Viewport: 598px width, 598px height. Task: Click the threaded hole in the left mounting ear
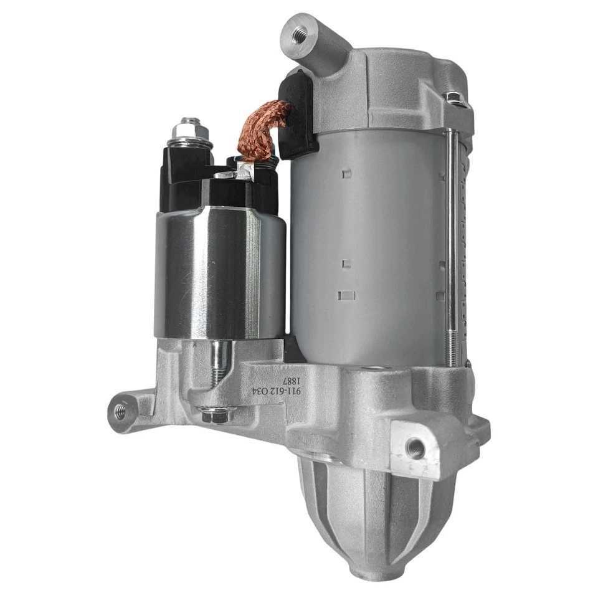click(121, 411)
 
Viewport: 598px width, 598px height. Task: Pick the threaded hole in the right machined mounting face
click(414, 446)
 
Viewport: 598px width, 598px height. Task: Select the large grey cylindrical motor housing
click(368, 249)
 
